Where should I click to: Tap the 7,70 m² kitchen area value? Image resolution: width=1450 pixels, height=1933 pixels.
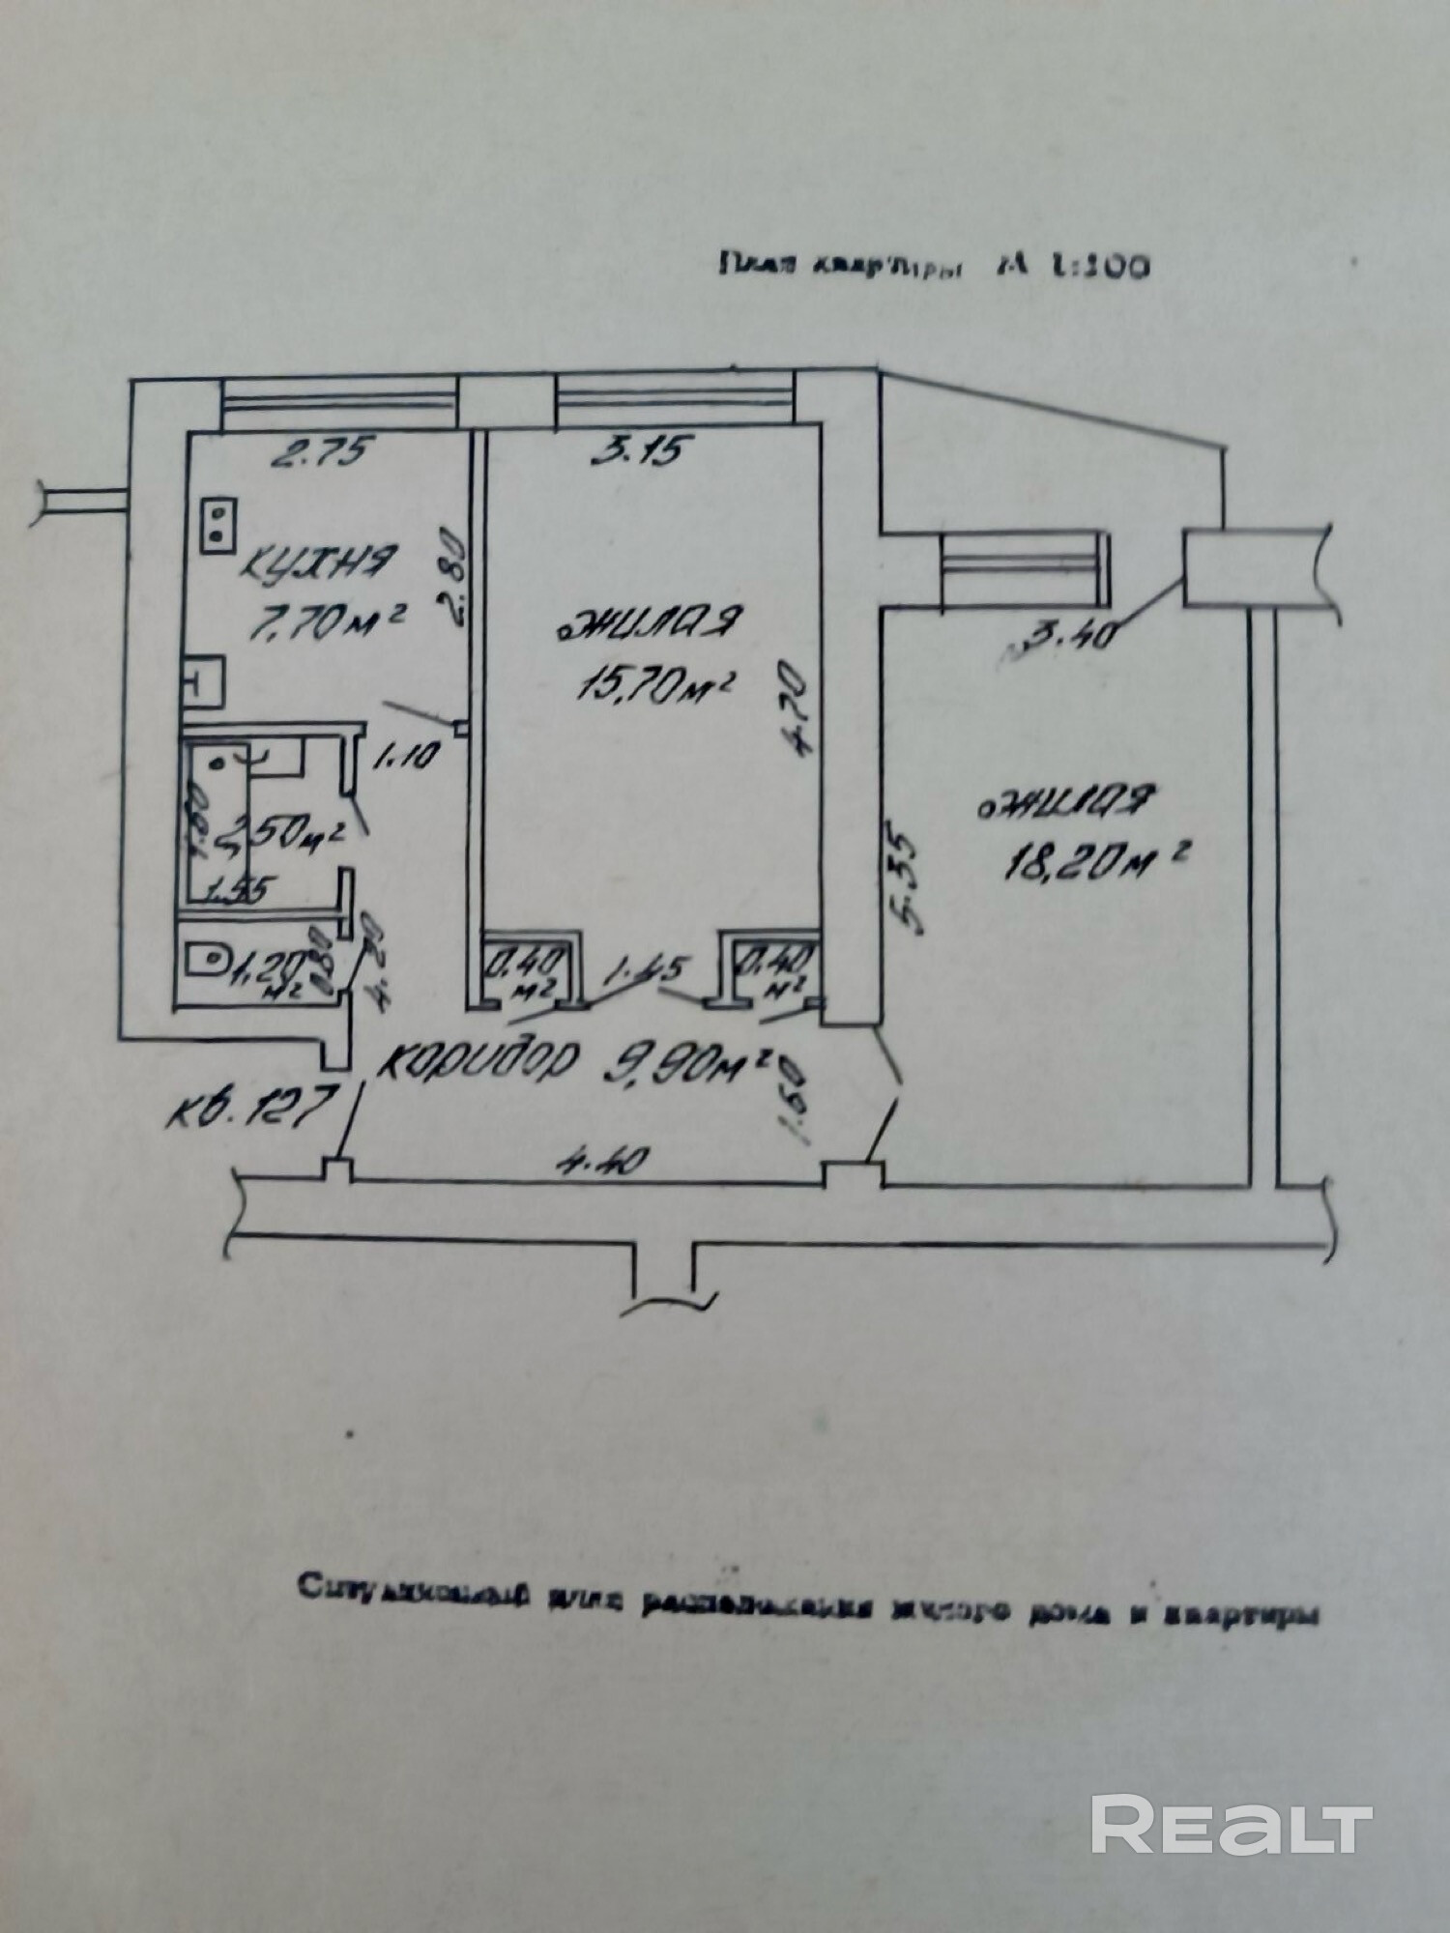(324, 623)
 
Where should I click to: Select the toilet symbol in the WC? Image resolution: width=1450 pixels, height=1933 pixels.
(206, 962)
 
